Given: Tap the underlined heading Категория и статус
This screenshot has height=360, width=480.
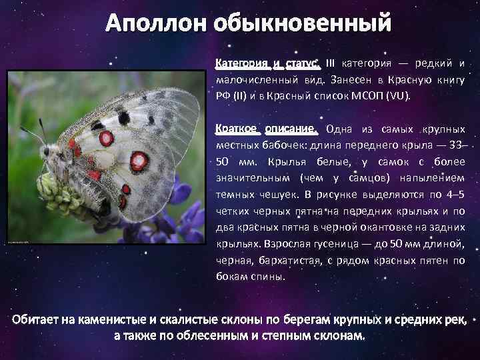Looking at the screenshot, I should pos(268,64).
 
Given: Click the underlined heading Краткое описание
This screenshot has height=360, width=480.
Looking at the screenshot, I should pos(268,129).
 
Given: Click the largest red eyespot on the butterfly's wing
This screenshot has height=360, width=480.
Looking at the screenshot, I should pos(139,161).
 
